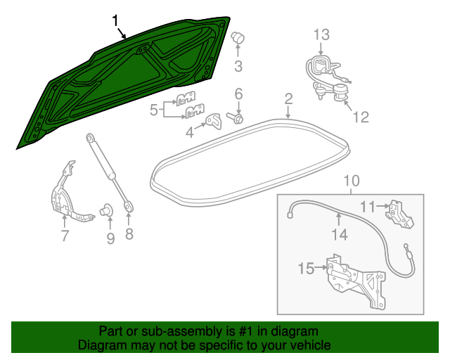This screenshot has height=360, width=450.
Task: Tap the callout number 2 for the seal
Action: tap(288, 98)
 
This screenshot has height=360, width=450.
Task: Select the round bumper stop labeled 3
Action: tap(238, 38)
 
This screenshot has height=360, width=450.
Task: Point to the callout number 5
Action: tap(153, 109)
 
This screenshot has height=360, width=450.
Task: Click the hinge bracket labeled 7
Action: tap(67, 197)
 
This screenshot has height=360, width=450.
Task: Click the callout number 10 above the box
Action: tap(351, 183)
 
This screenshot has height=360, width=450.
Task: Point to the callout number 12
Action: tap(360, 118)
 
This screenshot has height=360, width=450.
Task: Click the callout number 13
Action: tap(321, 34)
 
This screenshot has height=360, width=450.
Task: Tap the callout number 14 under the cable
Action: tap(340, 235)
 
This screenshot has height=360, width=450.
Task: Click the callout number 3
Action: tap(238, 67)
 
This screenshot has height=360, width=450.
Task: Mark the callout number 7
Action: tap(65, 237)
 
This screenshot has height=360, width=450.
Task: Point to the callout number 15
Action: tap(307, 268)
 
